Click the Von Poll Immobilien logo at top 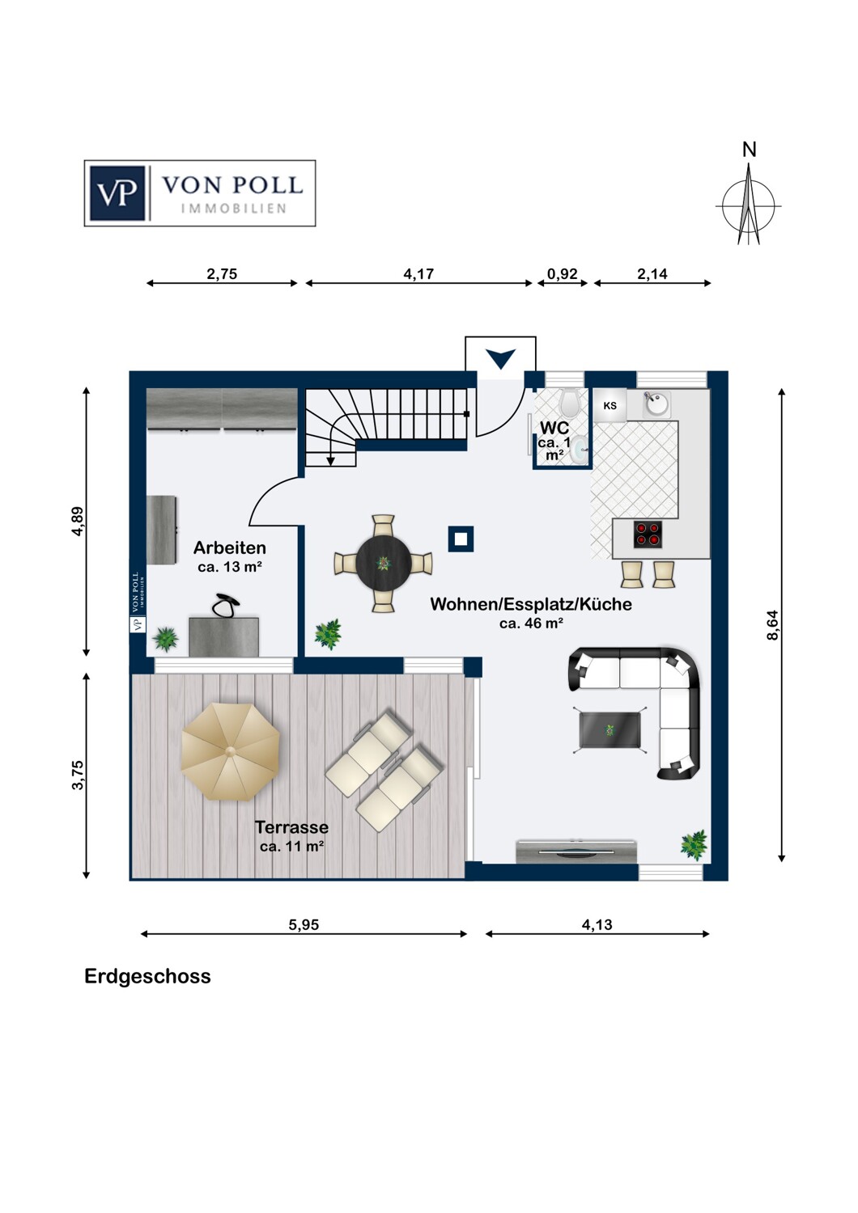pos(199,192)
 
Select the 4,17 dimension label pos(418,274)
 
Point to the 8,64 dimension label pos(772,625)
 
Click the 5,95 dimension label pos(304,925)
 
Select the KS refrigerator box pos(610,405)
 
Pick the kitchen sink pos(657,404)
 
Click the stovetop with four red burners pos(648,533)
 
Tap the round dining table pos(383,563)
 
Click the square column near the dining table pos(461,539)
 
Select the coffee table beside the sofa pos(610,729)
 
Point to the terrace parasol pos(231,751)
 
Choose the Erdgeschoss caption pos(147,976)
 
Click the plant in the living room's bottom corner pos(694,844)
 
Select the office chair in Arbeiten pos(225,605)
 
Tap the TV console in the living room pos(576,852)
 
